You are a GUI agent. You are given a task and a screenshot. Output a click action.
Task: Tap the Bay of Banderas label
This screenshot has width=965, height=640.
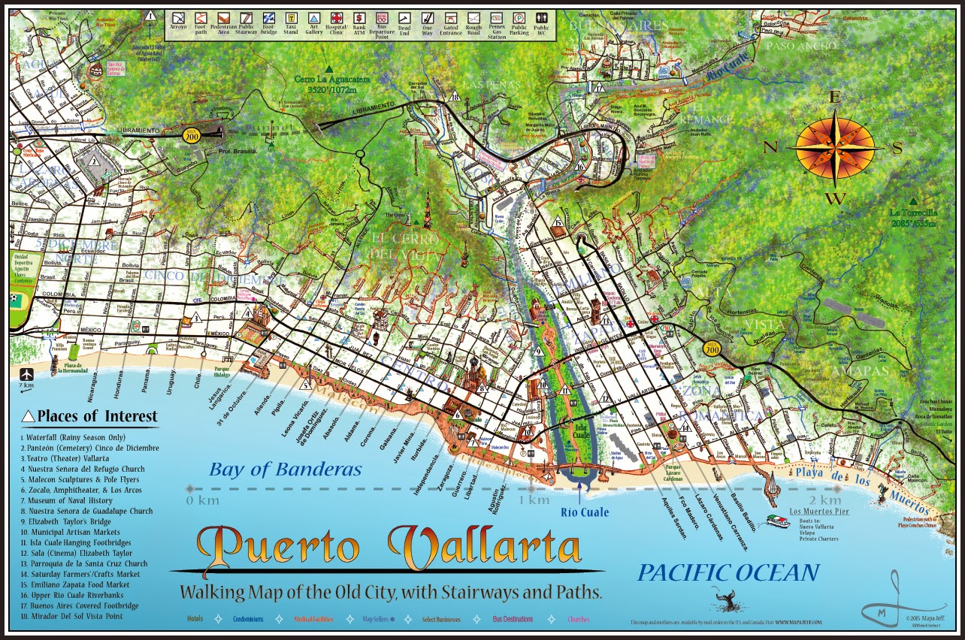tap(286, 470)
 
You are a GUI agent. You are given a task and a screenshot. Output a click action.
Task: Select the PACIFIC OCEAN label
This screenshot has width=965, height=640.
tap(728, 573)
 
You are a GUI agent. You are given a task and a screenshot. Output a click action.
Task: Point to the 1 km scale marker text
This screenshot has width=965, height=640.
tap(534, 500)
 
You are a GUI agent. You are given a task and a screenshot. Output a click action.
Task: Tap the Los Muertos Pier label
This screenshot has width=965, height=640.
tap(818, 512)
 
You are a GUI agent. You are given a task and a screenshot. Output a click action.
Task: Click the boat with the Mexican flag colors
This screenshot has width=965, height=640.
tap(778, 521)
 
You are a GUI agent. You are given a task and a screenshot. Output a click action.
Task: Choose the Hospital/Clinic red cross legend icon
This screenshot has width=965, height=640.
tap(337, 18)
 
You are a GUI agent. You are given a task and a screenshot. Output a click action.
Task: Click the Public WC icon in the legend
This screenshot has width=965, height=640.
tap(541, 18)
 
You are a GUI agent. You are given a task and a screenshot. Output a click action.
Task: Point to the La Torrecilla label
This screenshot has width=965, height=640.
tap(912, 216)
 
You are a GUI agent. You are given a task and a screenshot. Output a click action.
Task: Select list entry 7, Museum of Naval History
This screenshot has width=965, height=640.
tap(67, 500)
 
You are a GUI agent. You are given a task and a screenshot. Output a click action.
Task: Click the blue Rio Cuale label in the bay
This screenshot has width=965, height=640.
tap(584, 513)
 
